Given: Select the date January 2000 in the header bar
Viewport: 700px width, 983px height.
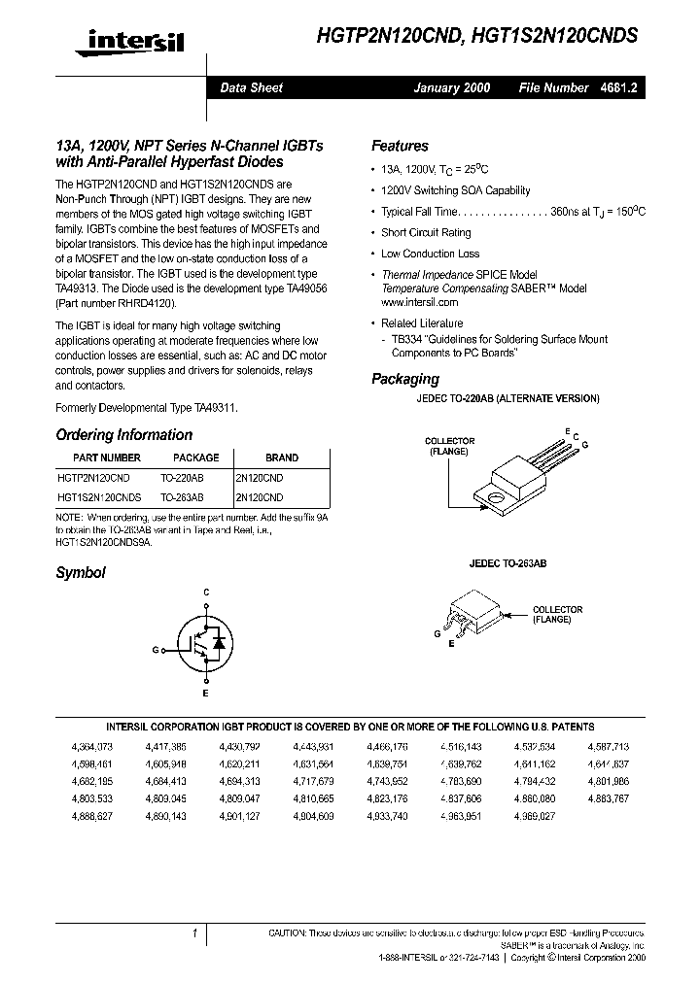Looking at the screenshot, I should coord(452,87).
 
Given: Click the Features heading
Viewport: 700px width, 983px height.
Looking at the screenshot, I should coord(400,146).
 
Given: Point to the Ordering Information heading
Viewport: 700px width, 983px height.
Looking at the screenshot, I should coord(123,435).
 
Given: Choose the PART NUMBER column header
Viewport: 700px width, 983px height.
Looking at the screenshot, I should coord(107,458).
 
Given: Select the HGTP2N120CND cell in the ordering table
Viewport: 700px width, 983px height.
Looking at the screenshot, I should coord(93,478).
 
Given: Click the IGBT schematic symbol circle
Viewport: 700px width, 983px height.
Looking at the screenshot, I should coord(205,643).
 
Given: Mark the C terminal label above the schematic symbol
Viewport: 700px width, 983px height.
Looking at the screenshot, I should coord(206,592).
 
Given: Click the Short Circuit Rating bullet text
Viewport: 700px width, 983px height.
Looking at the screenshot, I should coord(426,233).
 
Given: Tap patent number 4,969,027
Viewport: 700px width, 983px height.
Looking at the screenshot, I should coord(534,817).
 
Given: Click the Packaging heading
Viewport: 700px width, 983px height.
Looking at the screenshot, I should coord(405,379).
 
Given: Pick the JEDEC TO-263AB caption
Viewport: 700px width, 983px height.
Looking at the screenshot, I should coord(507,563).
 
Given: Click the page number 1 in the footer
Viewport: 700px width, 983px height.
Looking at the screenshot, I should coord(195,933).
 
